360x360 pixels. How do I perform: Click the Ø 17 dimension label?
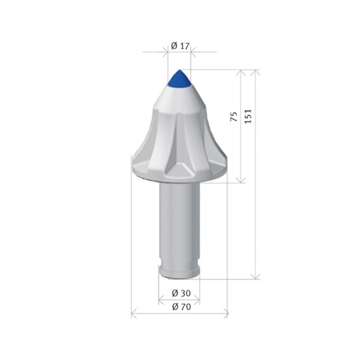(180, 46)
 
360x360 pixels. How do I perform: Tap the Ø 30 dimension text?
(181, 293)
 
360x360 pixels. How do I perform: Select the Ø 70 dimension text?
(181, 307)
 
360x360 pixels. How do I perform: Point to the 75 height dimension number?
(234, 117)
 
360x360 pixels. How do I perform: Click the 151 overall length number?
(248, 117)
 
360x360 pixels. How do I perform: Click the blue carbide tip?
(179, 78)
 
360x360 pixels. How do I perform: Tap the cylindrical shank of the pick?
(179, 223)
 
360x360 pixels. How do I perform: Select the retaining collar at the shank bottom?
(179, 271)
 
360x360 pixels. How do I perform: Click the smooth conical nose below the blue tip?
(179, 99)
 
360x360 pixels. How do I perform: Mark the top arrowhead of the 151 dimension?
(256, 73)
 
